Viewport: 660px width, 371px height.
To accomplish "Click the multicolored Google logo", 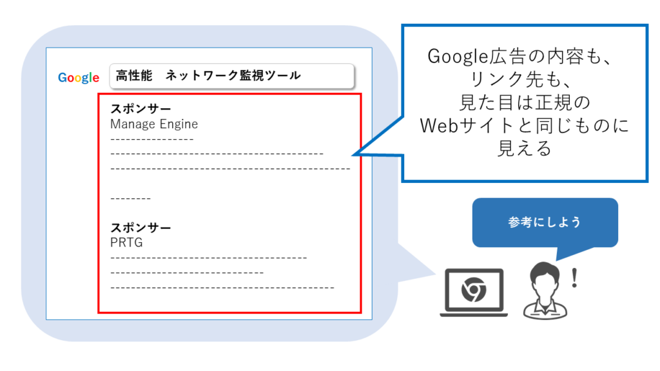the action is (79, 78).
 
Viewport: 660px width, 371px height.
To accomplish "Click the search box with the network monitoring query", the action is (232, 76).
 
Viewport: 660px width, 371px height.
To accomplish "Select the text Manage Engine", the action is (154, 124).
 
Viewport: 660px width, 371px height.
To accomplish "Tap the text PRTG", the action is (126, 243).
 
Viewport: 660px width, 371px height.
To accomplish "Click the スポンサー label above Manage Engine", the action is (141, 109).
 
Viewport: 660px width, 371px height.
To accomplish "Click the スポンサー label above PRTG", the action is (141, 227).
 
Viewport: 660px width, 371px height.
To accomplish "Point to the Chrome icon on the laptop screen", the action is (474, 289).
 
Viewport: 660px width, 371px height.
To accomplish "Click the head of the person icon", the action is (545, 277).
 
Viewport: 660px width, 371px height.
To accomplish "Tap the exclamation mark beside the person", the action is (574, 278).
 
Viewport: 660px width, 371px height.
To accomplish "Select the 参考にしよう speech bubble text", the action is (545, 222).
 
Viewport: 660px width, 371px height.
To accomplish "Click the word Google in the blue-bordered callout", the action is (458, 57).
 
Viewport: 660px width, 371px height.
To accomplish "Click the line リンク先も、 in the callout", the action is (525, 79).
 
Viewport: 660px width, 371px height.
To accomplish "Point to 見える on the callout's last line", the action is (525, 149).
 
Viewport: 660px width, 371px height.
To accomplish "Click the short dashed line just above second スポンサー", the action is (130, 198).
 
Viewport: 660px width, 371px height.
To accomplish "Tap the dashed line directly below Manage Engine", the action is (152, 139).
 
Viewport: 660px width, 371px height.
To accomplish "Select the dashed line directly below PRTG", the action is (208, 258).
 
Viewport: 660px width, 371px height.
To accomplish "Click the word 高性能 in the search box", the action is (134, 76).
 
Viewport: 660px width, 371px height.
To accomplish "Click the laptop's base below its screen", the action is (474, 314).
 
